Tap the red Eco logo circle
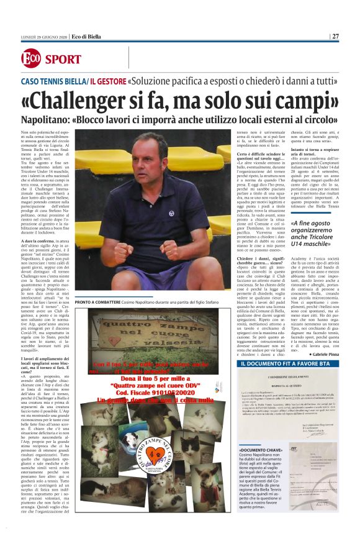coord(32,59)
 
